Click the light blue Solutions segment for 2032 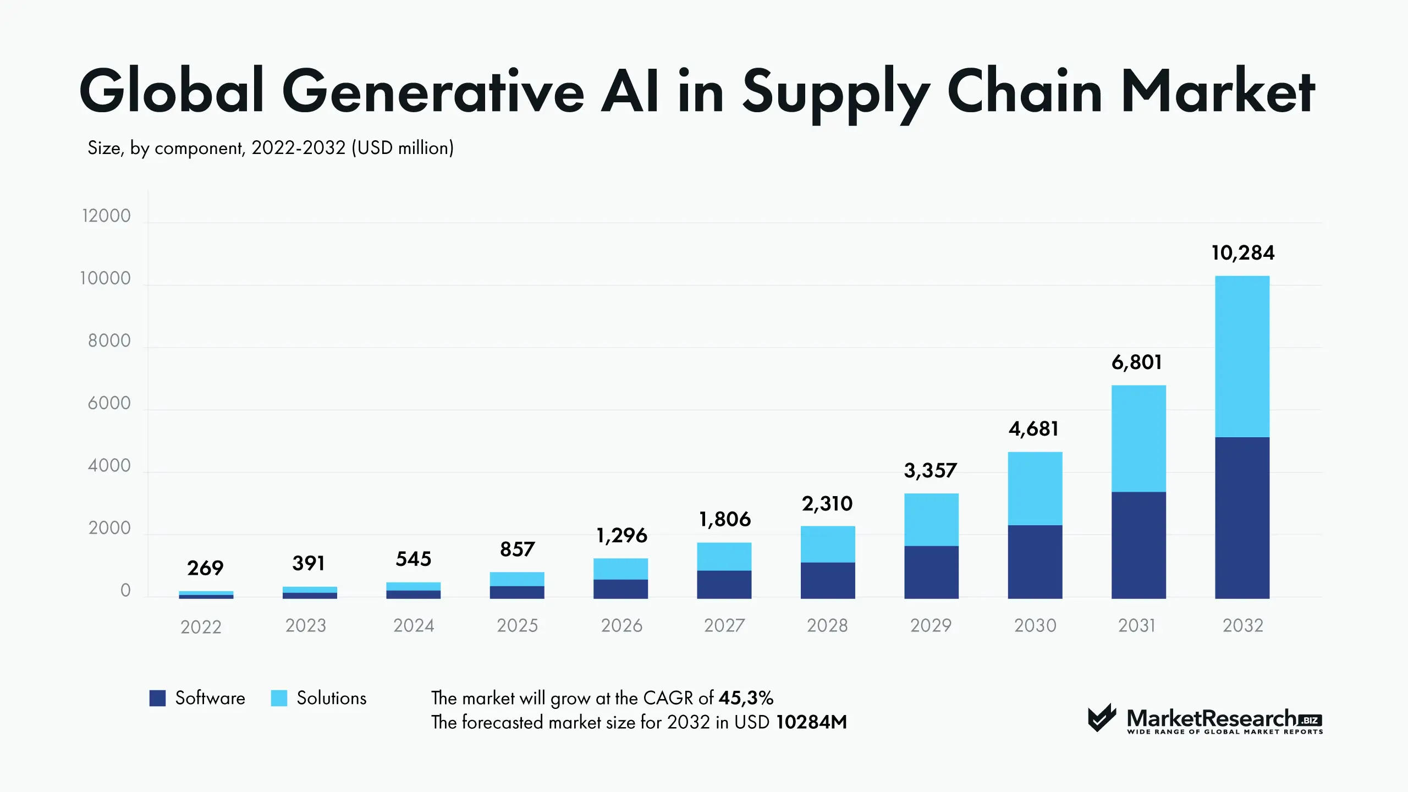pos(1242,356)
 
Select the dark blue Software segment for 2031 pos(1138,544)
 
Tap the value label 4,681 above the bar pos(1033,428)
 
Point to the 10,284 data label pos(1242,253)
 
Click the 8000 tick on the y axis pos(109,341)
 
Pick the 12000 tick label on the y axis pos(106,216)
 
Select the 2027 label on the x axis pos(724,625)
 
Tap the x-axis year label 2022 pos(201,627)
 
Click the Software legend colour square pos(157,698)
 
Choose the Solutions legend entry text pos(331,698)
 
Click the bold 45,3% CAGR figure pos(746,698)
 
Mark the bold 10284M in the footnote pos(811,722)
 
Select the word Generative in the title pos(433,91)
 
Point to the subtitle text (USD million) pos(403,148)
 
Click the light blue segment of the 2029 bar pos(931,519)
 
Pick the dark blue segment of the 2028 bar pos(828,580)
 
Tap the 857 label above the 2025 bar pos(517,549)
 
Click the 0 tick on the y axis pos(125,591)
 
